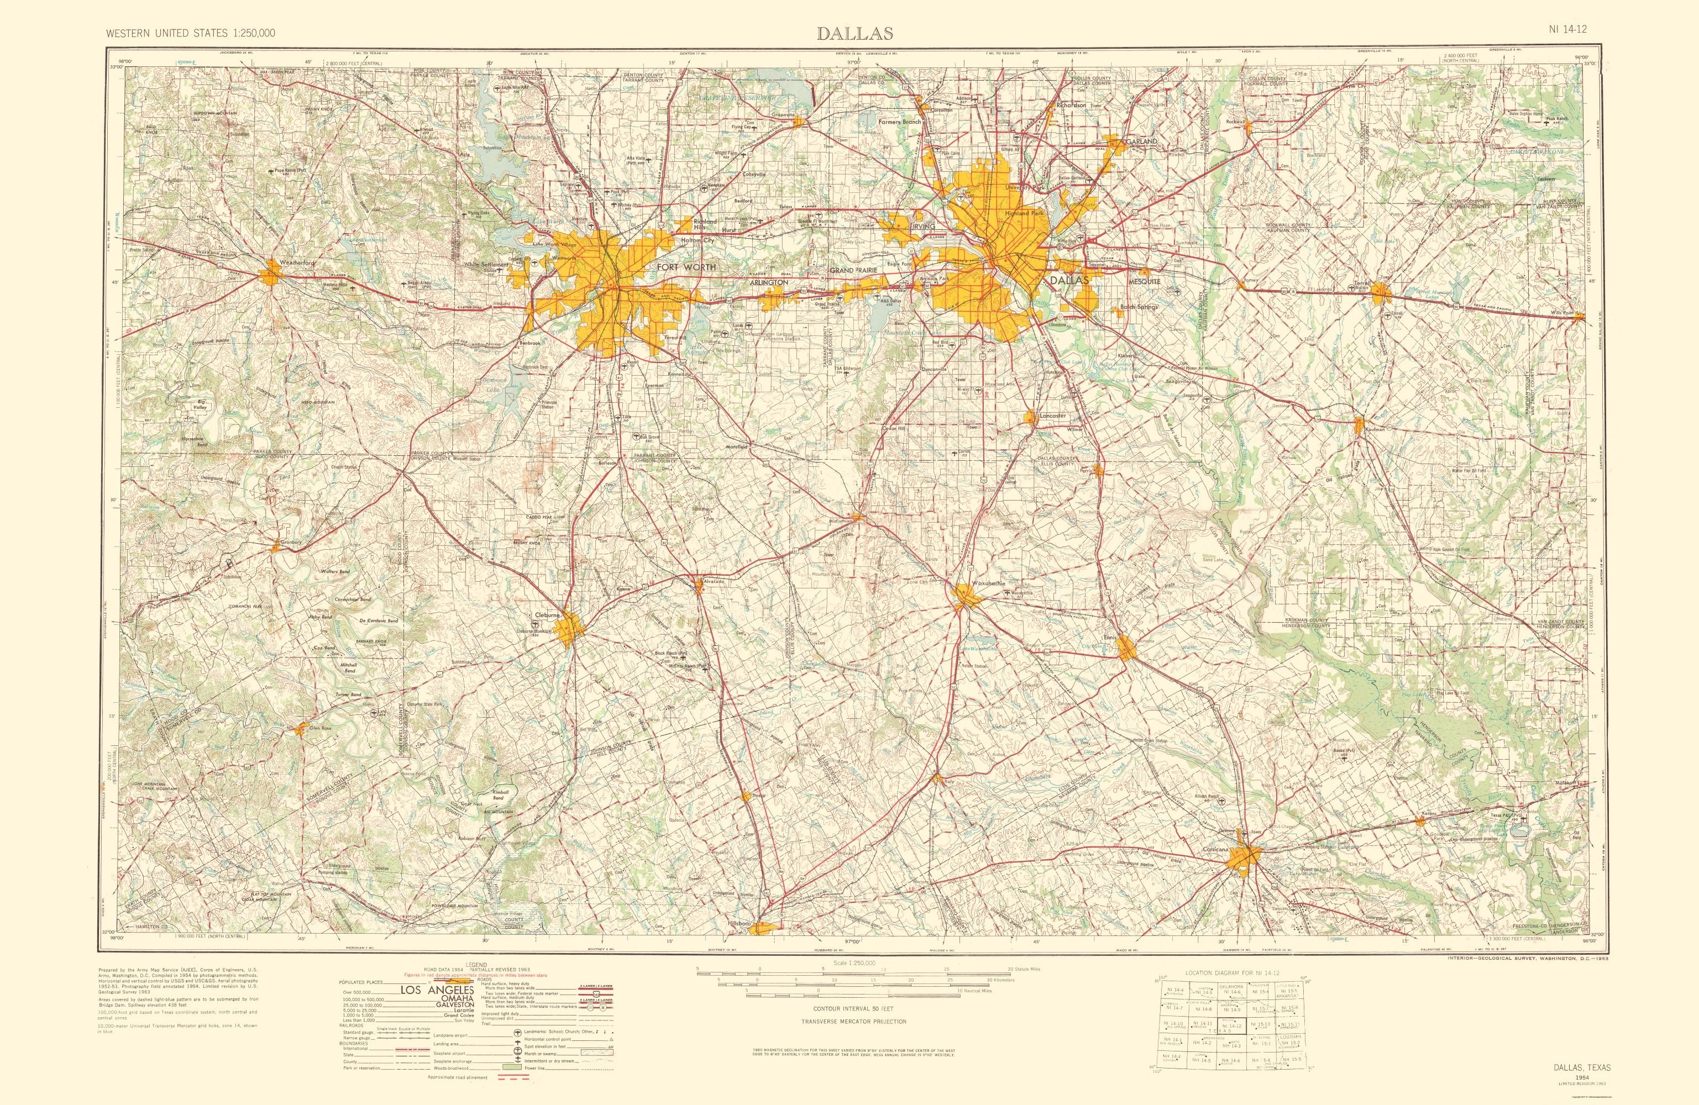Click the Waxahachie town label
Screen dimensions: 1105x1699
987,583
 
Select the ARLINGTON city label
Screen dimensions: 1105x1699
769,283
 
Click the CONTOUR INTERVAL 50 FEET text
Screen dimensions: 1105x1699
853,1009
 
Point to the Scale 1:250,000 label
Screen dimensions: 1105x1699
853,963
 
